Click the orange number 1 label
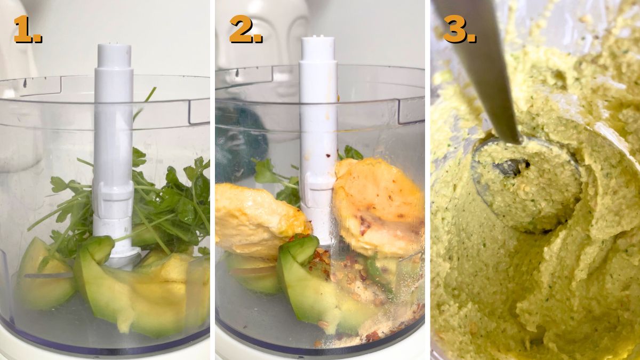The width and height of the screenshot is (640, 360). (x=28, y=29)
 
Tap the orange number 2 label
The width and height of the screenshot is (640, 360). (x=246, y=29)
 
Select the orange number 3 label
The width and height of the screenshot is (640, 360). (x=459, y=29)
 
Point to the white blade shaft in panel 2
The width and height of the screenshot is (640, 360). (x=318, y=137)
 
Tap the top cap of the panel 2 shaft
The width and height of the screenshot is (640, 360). (x=318, y=48)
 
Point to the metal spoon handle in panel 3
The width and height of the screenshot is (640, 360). (x=483, y=69)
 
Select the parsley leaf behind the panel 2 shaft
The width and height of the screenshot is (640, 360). (x=351, y=153)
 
